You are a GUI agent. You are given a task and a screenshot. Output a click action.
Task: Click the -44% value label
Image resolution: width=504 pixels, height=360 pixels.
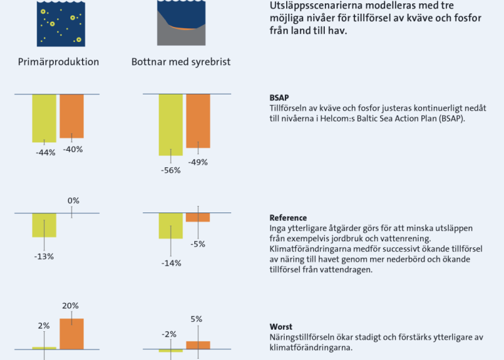pyautogui.click(x=46, y=153)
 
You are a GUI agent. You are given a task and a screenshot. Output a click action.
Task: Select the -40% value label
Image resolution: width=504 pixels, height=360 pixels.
pyautogui.click(x=73, y=150)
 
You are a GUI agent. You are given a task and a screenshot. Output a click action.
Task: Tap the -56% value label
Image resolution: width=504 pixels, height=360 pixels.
pyautogui.click(x=171, y=170)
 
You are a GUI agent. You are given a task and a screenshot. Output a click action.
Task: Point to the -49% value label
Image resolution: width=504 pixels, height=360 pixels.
pyautogui.click(x=198, y=162)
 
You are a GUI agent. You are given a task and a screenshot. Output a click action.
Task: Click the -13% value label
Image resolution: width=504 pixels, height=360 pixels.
pyautogui.click(x=44, y=256)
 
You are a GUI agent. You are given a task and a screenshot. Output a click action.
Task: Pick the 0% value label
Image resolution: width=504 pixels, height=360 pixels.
pyautogui.click(x=73, y=201)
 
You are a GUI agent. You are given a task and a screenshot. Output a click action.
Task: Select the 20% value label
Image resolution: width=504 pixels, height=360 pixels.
pyautogui.click(x=70, y=306)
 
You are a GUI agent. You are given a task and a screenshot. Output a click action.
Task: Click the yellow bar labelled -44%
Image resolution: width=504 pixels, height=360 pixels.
pyautogui.click(x=44, y=118)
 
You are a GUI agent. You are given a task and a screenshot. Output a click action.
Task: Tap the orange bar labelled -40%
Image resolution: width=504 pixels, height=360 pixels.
pyautogui.click(x=72, y=116)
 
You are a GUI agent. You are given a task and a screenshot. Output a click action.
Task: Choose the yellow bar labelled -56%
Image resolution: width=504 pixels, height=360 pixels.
pyautogui.click(x=171, y=125)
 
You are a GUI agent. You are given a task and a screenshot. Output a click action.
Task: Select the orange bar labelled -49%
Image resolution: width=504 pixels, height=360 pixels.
pyautogui.click(x=198, y=121)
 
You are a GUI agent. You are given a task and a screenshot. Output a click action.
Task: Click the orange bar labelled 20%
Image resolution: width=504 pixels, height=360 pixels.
pyautogui.click(x=72, y=334)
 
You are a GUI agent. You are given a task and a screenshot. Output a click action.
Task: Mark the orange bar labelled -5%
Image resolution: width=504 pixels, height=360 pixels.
pyautogui.click(x=198, y=218)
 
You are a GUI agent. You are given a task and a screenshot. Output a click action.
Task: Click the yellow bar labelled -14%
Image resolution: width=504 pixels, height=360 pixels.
pyautogui.click(x=171, y=226)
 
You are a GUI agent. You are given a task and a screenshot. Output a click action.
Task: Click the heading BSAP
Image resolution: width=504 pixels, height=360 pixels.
pyautogui.click(x=279, y=98)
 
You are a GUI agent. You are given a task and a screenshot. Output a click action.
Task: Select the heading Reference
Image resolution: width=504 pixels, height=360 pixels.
pyautogui.click(x=288, y=218)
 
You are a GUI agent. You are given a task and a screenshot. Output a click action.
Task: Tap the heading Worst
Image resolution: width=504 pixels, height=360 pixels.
pyautogui.click(x=281, y=327)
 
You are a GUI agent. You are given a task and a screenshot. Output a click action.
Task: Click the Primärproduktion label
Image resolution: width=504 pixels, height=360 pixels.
pyautogui.click(x=58, y=62)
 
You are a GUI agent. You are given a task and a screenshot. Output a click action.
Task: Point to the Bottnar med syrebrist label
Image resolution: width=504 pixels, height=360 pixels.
pyautogui.click(x=181, y=62)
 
